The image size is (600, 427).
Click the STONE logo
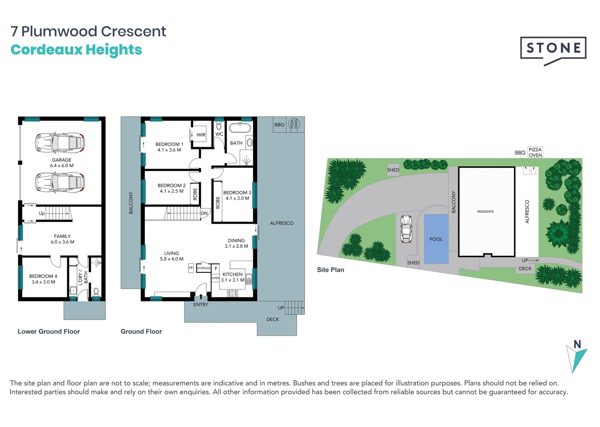coord(553,49)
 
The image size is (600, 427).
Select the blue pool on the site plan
coord(436,239)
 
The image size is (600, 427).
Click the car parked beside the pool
coord(406,229)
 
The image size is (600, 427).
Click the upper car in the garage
coord(60,143)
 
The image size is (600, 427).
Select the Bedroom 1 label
coord(169,147)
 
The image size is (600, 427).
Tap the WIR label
coord(201,135)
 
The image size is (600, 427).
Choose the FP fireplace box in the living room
coord(191,268)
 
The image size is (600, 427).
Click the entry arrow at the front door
coord(201,297)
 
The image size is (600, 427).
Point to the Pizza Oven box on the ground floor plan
coord(294,124)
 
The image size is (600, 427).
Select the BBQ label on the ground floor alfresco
coord(279,125)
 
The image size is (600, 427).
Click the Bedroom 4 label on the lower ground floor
coord(43,279)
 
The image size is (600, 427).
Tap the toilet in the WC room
coord(219,126)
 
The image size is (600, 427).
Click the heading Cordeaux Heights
coord(76,50)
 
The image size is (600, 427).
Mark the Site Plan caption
coord(330,270)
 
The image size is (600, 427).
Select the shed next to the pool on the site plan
coord(413,263)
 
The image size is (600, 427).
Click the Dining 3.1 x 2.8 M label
coord(236,243)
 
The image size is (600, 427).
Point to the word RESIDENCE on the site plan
coord(485,212)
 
